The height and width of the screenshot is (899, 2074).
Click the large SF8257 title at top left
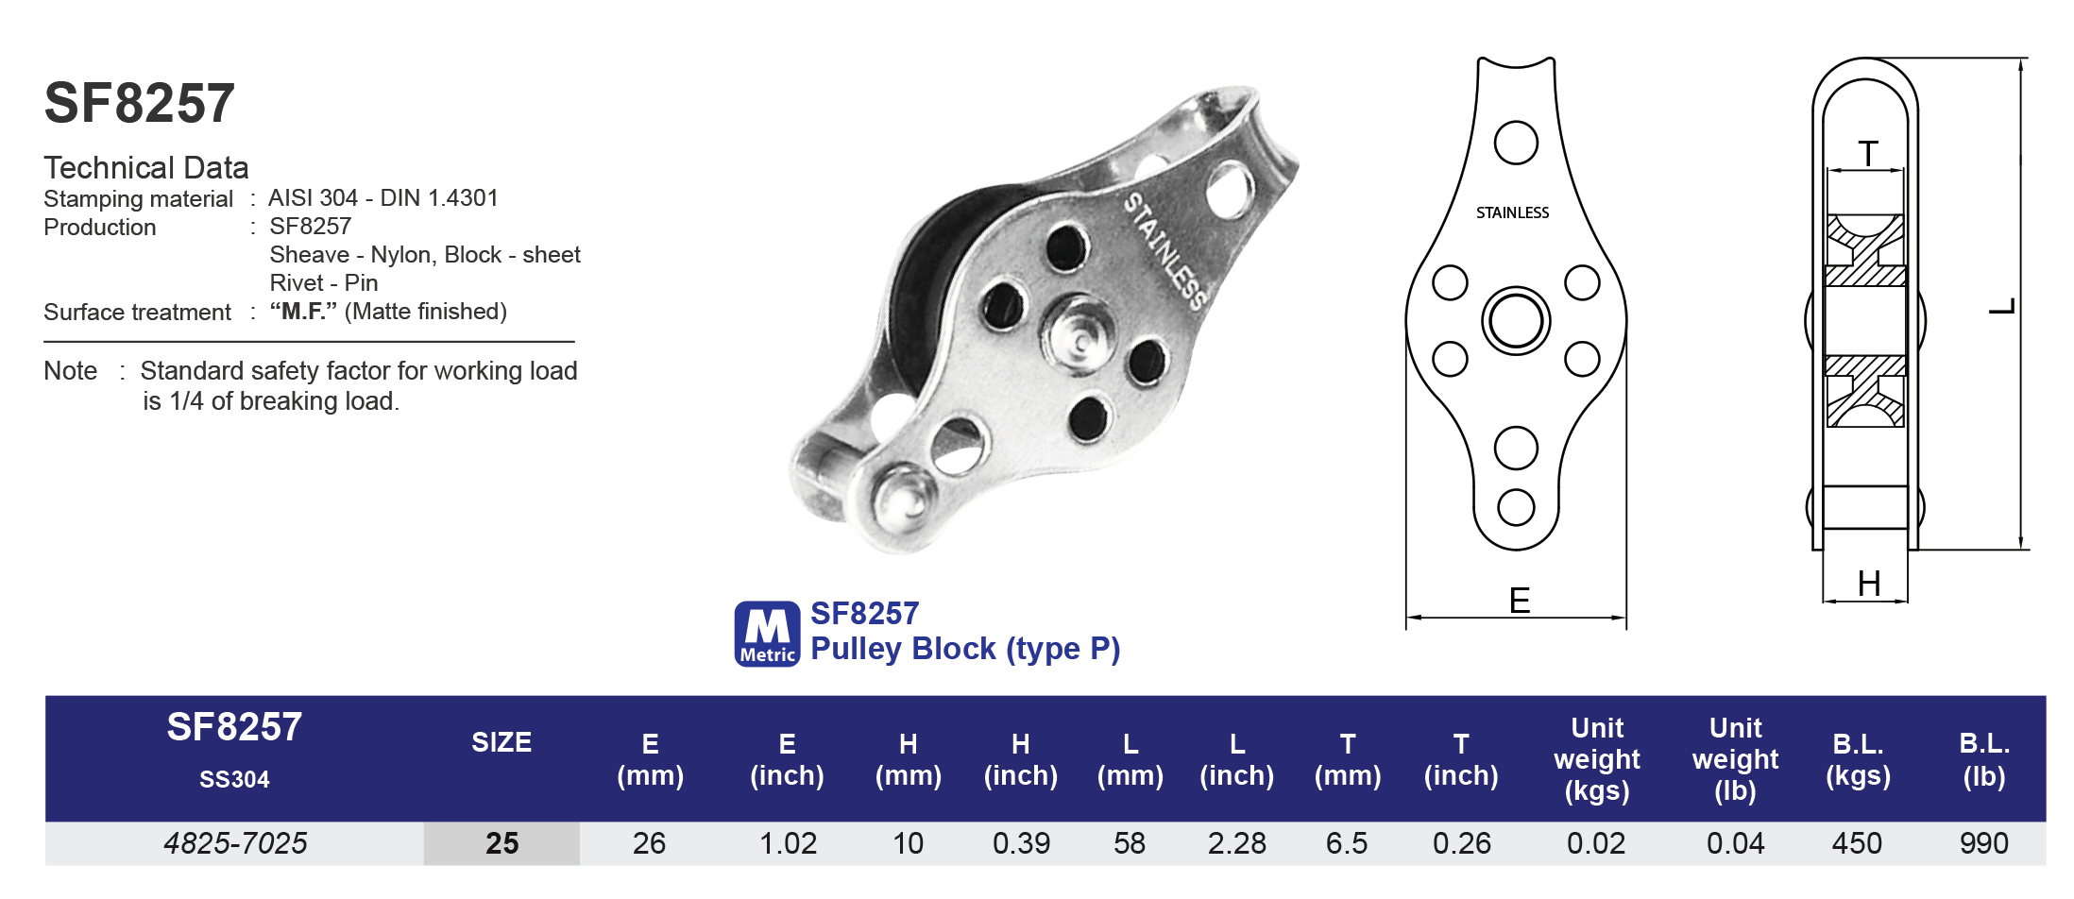[x=140, y=103]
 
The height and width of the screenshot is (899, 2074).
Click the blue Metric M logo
[x=767, y=634]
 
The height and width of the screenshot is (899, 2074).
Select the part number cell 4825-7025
[x=235, y=843]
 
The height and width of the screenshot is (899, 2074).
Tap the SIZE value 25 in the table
[x=501, y=843]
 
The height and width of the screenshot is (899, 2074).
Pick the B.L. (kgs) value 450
[x=1856, y=843]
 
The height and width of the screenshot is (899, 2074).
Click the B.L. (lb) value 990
[x=1983, y=843]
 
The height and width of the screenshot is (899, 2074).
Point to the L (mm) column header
[x=1130, y=759]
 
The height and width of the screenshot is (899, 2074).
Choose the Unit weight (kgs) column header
[x=1596, y=759]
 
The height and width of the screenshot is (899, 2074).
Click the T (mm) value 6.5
[x=1346, y=843]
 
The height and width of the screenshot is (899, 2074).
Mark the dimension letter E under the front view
[x=1519, y=601]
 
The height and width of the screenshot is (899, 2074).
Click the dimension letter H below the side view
[x=1868, y=584]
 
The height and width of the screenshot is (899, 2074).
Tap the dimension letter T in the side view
[x=1867, y=153]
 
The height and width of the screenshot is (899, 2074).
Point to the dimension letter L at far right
[x=2001, y=307]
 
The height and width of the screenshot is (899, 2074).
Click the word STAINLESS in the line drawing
[x=1512, y=213]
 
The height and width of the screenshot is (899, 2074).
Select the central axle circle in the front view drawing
[x=1515, y=321]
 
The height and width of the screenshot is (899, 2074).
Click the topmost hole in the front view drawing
[x=1515, y=143]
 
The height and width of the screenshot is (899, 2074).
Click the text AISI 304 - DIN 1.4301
[x=382, y=198]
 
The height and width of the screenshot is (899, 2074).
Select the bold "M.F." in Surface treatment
[x=303, y=312]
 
